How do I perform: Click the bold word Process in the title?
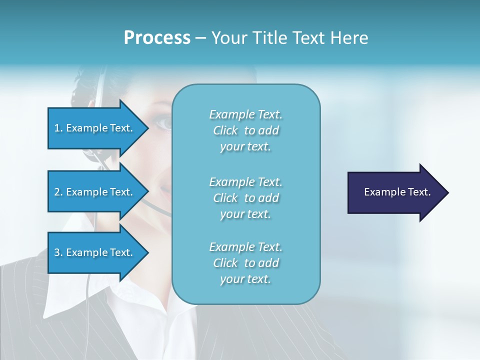pos(157,38)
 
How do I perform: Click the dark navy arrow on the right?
pos(395,192)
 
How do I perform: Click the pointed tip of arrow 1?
pos(147,128)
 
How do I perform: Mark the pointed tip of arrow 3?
pos(147,253)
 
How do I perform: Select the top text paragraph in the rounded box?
pos(245,130)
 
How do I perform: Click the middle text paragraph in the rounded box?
pos(245,197)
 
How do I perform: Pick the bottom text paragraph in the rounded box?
pos(245,263)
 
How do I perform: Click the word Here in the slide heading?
pos(349,38)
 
